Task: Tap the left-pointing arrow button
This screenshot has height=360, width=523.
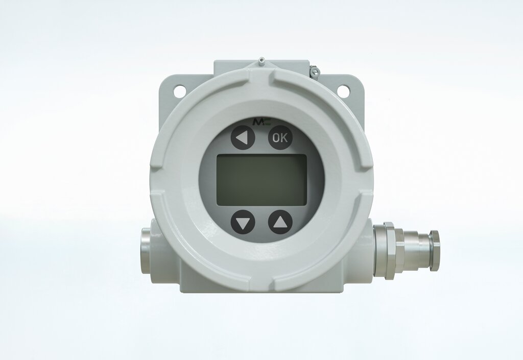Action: (x=243, y=137)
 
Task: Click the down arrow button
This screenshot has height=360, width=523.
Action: (x=243, y=222)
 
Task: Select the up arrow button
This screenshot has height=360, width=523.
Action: (x=280, y=222)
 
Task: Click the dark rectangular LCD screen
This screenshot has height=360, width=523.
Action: (x=261, y=180)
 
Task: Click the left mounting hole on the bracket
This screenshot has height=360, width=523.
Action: (x=180, y=90)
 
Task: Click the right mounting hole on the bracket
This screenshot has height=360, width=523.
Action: (x=343, y=90)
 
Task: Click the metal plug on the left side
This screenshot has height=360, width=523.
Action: (x=146, y=251)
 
